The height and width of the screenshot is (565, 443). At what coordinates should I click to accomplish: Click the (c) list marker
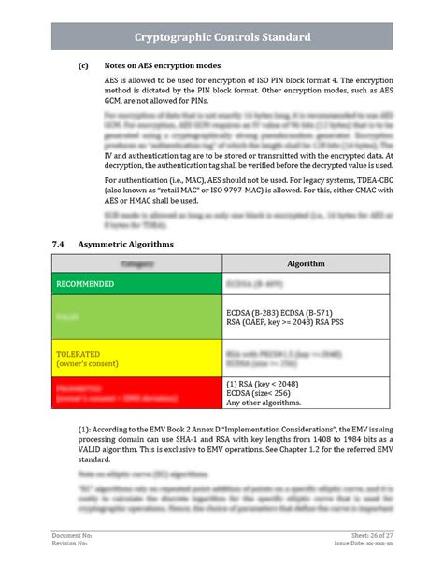(83, 66)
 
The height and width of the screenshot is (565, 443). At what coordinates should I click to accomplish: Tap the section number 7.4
(58, 244)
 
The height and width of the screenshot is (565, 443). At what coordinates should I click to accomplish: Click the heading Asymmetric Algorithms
(125, 244)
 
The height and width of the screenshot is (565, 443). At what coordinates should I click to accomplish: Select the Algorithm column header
(306, 264)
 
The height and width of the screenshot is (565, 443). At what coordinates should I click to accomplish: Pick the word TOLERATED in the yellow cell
(79, 355)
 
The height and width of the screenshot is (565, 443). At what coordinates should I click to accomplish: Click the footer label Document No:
(71, 534)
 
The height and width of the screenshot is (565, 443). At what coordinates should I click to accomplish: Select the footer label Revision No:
(70, 543)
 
